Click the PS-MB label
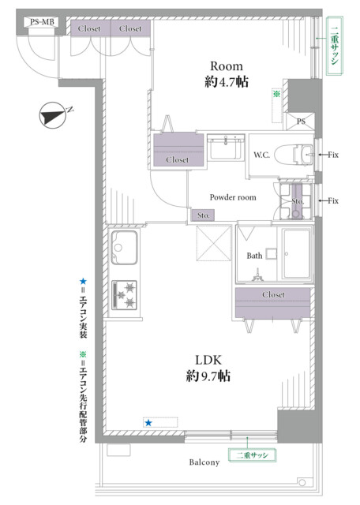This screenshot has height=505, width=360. coord(42,23)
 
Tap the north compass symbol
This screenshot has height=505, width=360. coord(53,115)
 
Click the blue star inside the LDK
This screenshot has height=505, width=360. coord(148,423)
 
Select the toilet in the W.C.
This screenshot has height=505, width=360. coord(295,155)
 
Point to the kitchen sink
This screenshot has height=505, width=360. coord(124,247)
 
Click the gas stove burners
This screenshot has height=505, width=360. coord(125,295)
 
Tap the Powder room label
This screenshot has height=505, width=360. coord(233,197)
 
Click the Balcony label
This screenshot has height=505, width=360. coord(204,462)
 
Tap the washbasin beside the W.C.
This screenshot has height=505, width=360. coord(226,148)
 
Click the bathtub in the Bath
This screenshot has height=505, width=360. coord(297,253)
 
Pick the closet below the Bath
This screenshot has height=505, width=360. coord(272,302)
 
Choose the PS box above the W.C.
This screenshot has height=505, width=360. coord(301,122)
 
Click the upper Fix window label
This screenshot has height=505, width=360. coord(333,155)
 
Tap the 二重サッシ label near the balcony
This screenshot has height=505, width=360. coord(252,455)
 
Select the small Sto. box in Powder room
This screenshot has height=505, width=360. coord(203,215)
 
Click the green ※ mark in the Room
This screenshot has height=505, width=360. coord(276,94)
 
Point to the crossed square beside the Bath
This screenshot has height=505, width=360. coord(214,243)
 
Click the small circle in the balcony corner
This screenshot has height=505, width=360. coord(302,482)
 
